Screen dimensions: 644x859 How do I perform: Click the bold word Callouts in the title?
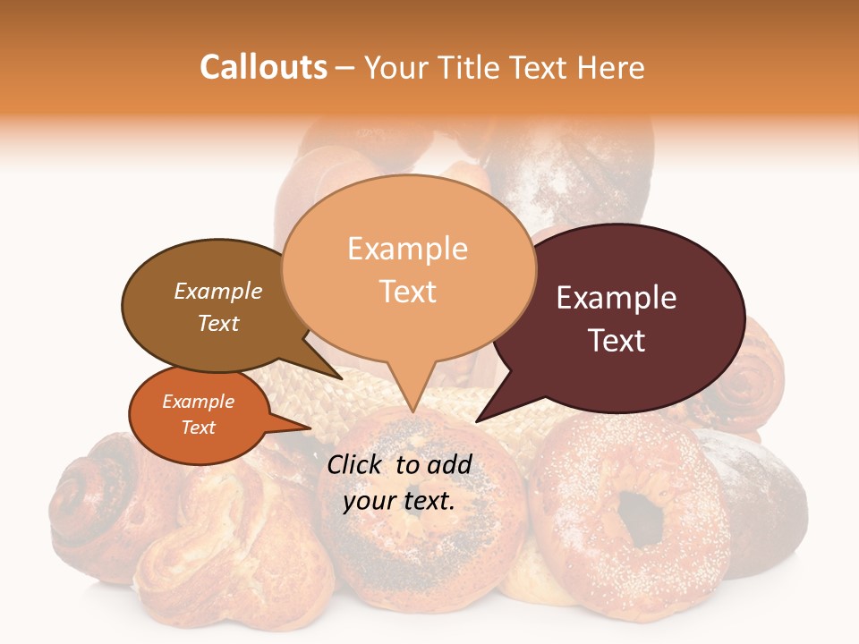click(263, 67)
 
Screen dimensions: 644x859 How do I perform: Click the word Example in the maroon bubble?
click(617, 298)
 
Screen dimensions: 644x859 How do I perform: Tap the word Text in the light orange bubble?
click(408, 292)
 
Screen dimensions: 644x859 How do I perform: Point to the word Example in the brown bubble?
click(217, 292)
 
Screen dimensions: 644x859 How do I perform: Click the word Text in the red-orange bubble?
click(198, 428)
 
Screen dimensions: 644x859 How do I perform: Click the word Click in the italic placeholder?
click(355, 464)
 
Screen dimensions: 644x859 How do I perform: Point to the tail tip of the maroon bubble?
click(479, 420)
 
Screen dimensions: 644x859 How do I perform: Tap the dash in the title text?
click(345, 67)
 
